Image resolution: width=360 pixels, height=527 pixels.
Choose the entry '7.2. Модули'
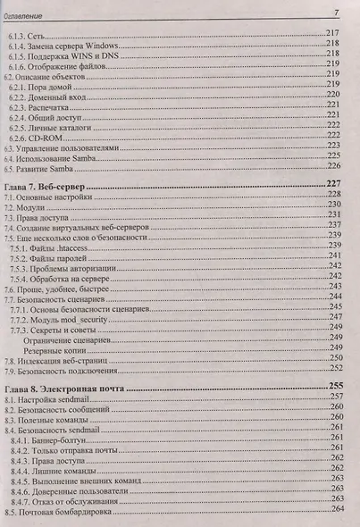coord(27,206)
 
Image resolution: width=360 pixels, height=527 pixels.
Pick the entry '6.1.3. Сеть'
coord(33,31)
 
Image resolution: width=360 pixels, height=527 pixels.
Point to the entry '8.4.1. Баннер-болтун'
coord(54,441)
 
